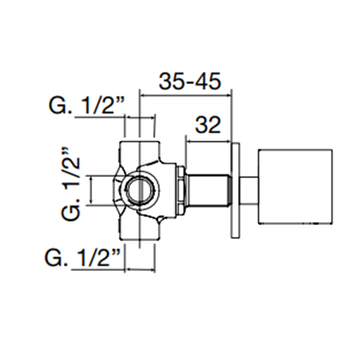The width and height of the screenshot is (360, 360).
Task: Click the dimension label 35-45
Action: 190,81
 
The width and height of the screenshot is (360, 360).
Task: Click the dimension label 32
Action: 208,125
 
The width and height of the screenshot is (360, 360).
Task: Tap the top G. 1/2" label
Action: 86,105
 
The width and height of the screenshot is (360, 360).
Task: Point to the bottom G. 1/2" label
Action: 83,258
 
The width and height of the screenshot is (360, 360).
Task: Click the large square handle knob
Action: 295,186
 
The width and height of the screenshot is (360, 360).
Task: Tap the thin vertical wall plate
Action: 236,190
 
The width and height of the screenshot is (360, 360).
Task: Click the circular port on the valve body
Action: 140,190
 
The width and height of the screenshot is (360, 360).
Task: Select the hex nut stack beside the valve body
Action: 181,190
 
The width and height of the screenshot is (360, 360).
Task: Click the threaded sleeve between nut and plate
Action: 208,190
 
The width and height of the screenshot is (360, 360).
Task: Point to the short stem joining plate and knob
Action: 249,190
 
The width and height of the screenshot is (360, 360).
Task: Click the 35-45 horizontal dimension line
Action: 186,96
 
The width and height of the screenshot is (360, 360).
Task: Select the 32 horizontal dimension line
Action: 208,141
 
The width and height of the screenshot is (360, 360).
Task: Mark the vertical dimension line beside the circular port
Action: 92,190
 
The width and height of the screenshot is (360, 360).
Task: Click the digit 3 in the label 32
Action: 201,125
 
